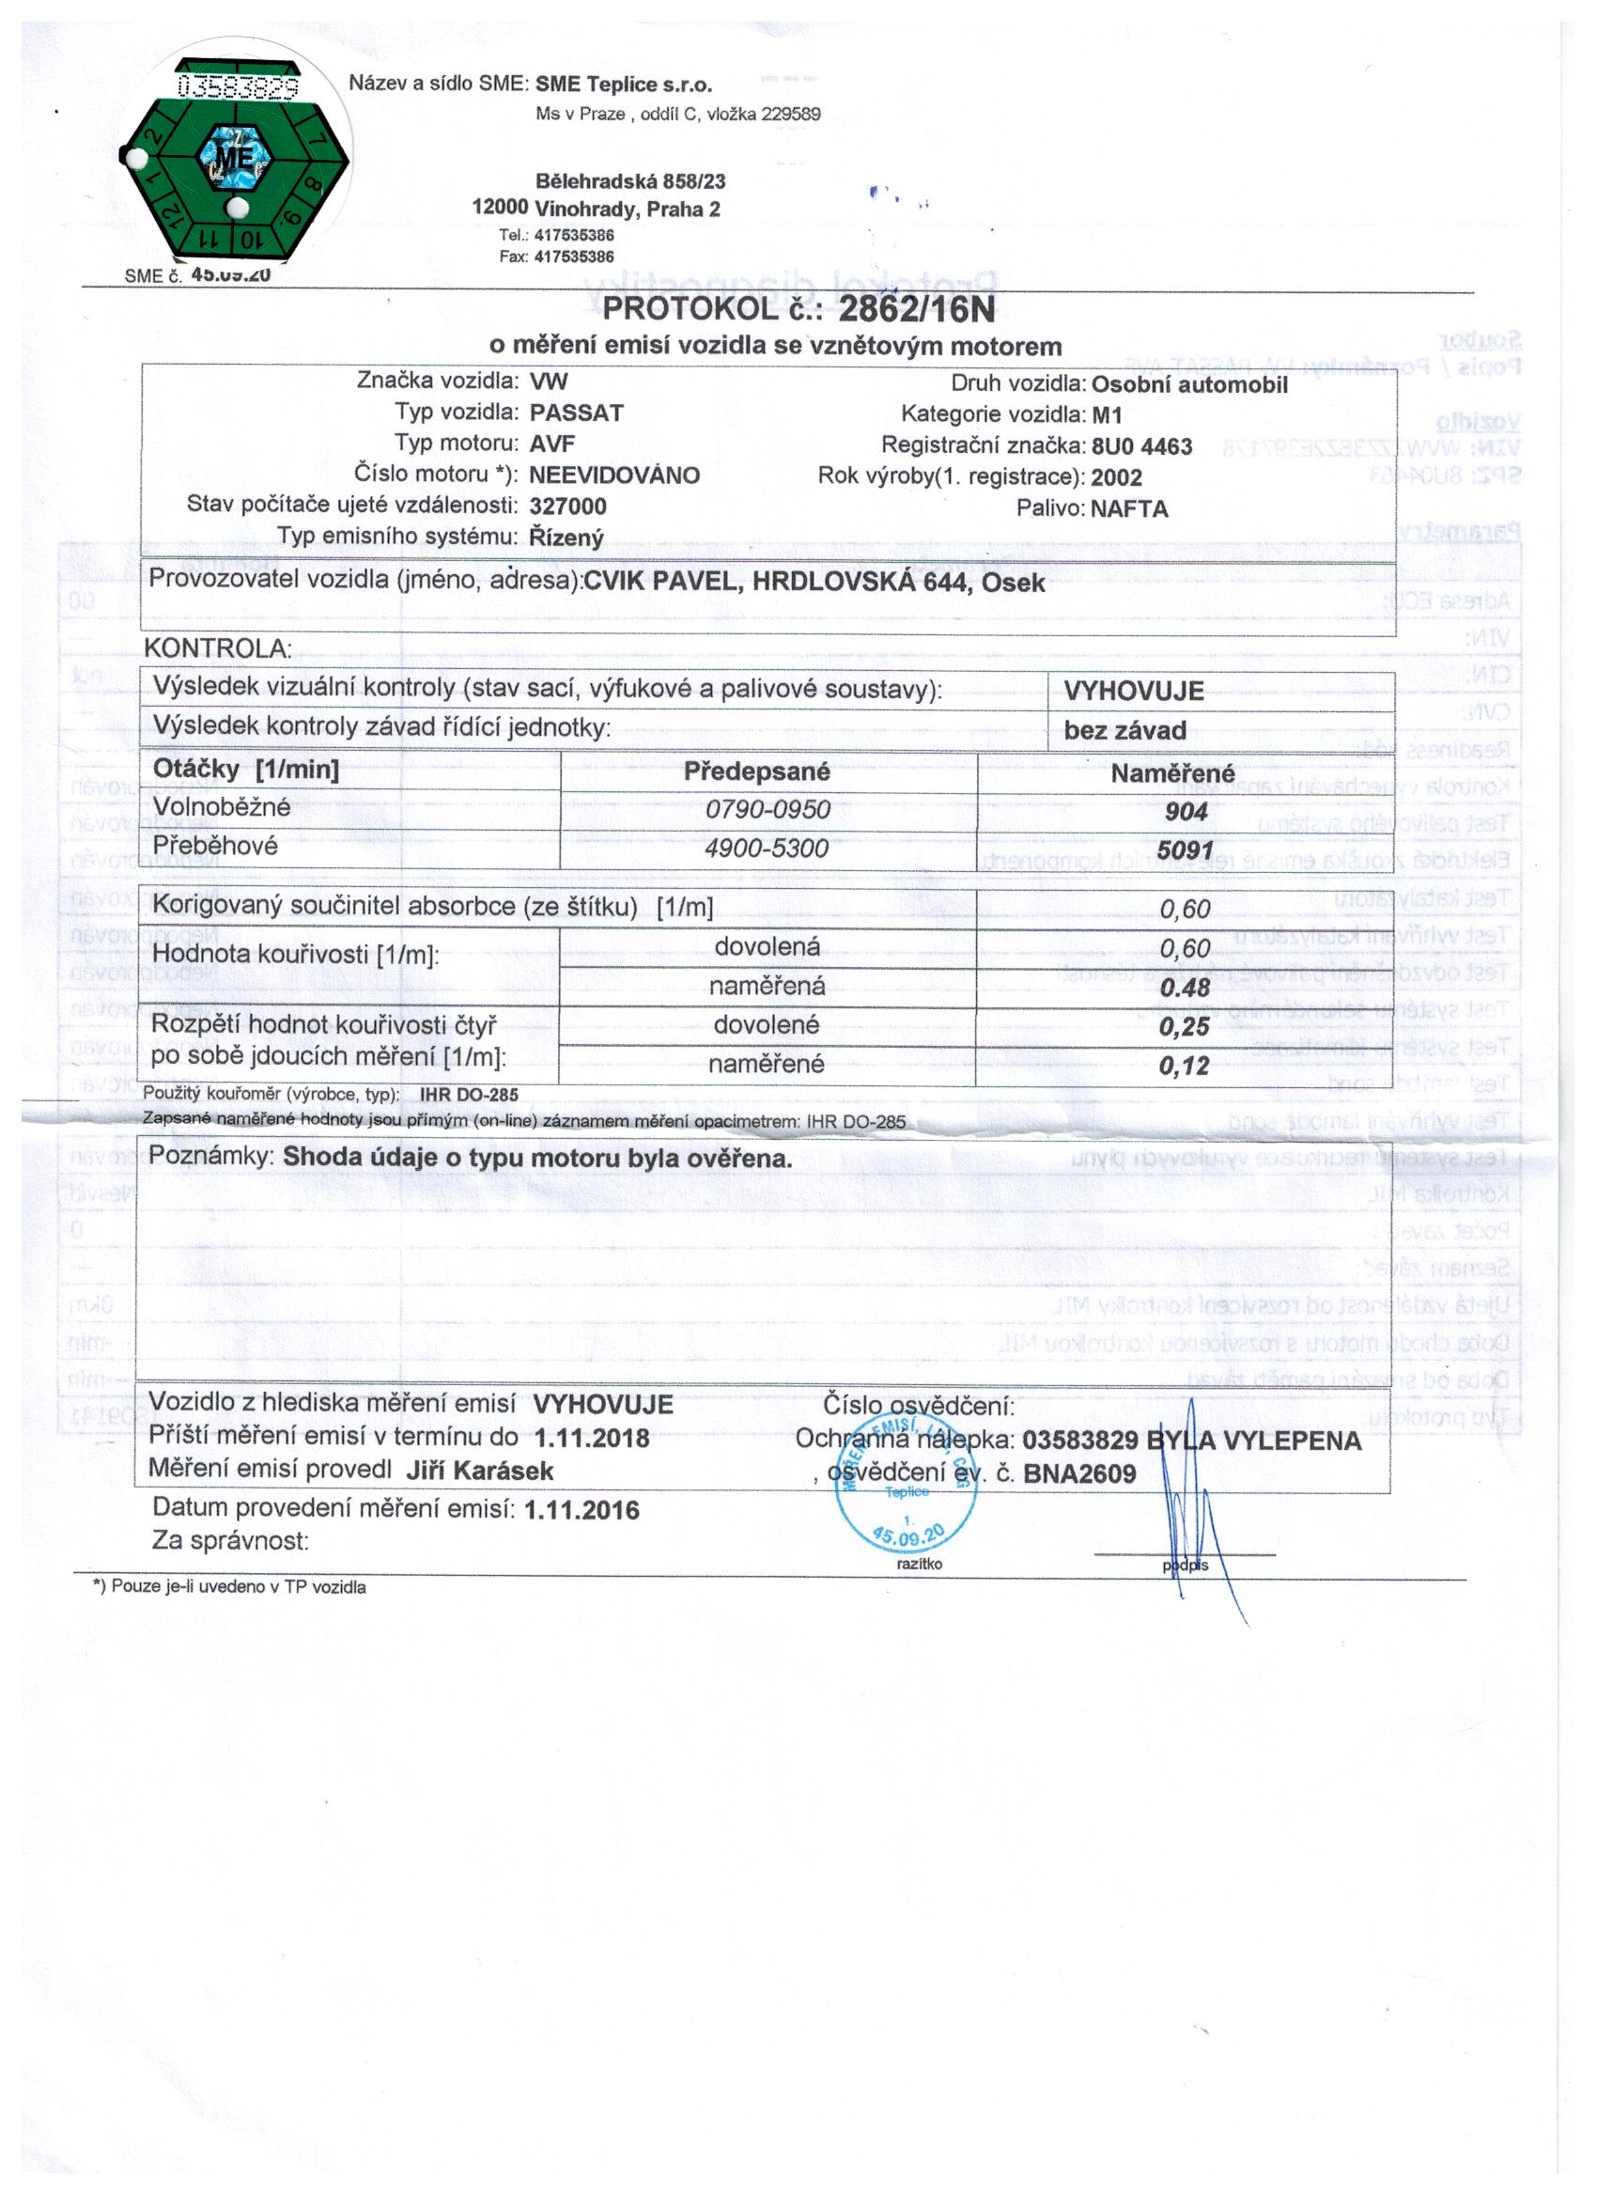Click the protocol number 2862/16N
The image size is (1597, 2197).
[x=915, y=309]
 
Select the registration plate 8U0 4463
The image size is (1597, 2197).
[x=1140, y=446]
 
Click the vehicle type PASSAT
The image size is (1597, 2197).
[x=576, y=413]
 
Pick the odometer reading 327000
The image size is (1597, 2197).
[x=567, y=506]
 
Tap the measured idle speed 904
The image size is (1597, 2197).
[x=1186, y=812]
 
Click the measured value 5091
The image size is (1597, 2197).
[x=1186, y=850]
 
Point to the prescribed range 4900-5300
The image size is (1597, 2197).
[x=766, y=849]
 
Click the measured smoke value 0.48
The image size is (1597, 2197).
[x=1186, y=987]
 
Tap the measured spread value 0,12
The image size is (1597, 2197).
[x=1185, y=1066]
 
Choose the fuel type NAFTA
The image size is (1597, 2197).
[x=1128, y=509]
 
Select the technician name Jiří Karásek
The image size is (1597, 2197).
[x=479, y=1471]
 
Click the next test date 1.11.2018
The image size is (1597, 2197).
[x=592, y=1438]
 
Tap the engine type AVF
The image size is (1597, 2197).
[x=552, y=444]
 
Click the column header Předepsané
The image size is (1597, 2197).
[x=756, y=772]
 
